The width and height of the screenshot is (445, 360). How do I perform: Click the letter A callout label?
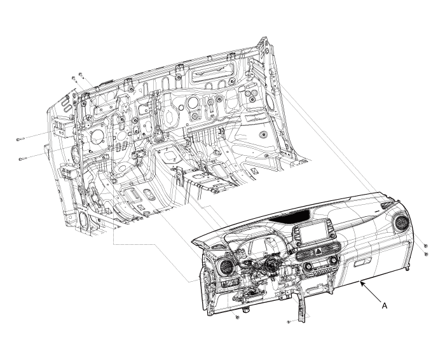[x=384, y=306]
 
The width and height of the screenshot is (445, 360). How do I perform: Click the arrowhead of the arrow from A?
[x=361, y=282]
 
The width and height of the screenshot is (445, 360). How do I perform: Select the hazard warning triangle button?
[x=318, y=251]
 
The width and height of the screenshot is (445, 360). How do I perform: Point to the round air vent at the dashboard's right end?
[x=401, y=223]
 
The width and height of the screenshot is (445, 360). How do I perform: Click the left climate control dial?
[x=307, y=267]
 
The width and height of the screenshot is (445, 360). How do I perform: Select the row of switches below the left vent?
[x=230, y=283]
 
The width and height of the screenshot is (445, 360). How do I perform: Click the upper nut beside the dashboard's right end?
[x=425, y=246]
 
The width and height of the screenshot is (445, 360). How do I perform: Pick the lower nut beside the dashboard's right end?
[x=426, y=254]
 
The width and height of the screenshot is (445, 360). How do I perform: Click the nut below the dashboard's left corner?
[x=238, y=317]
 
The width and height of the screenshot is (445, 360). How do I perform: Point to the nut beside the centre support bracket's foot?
[x=289, y=322]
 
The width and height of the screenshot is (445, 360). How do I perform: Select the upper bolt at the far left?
[x=20, y=139]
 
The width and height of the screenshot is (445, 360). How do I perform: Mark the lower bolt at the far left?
[x=22, y=159]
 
